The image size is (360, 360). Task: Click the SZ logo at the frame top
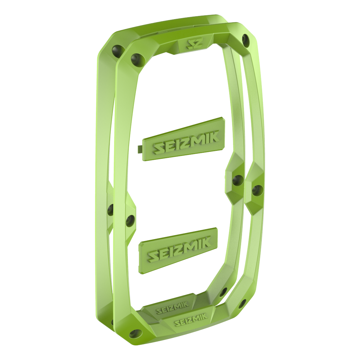195,44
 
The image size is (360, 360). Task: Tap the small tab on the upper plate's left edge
140,148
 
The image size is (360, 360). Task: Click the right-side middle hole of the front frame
257,191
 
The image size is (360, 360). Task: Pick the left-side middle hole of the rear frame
111,209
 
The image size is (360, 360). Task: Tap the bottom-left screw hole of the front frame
136,334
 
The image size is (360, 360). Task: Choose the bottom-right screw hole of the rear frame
223,291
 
